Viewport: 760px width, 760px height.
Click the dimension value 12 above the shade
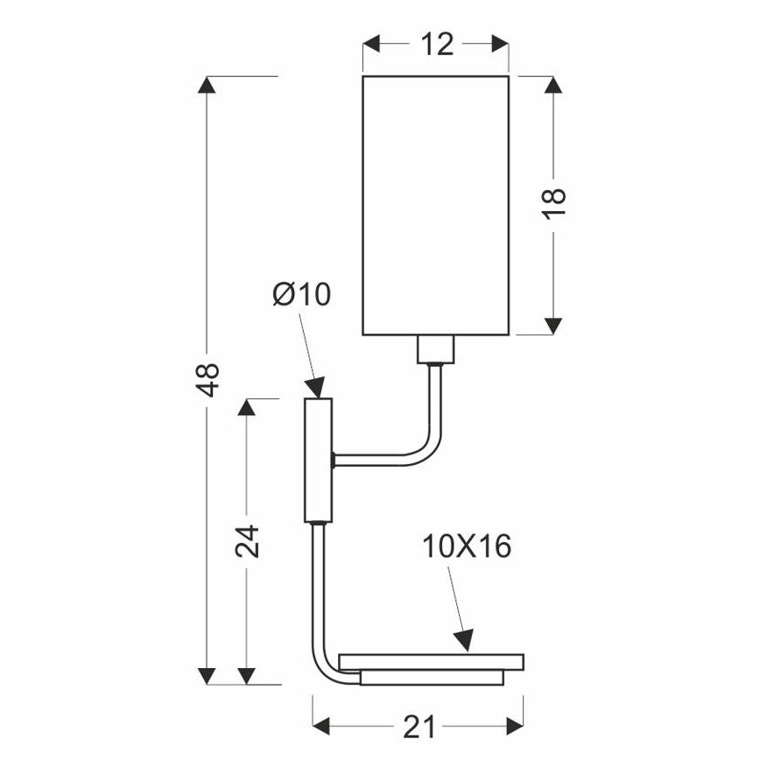click(436, 44)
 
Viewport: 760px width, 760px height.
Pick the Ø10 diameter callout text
click(301, 295)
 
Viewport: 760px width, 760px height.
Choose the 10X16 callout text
click(467, 547)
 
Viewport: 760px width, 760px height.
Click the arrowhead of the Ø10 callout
click(315, 387)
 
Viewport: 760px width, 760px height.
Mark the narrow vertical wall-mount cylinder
click(319, 461)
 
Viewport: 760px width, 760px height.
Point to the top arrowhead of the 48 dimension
click(208, 86)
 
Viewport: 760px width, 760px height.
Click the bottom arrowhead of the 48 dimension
click(208, 675)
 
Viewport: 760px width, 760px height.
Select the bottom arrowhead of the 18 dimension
click(552, 325)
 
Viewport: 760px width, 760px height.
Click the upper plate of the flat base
click(431, 659)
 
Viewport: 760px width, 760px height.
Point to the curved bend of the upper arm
click(428, 442)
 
